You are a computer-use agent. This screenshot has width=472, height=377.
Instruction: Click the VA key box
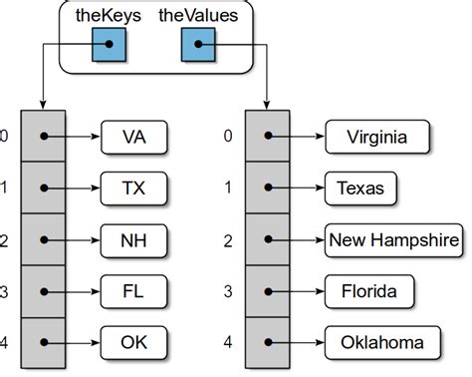click(x=134, y=135)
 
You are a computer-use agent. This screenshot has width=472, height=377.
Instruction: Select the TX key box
click(x=134, y=187)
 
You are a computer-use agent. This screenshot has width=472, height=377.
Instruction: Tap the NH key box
click(x=134, y=238)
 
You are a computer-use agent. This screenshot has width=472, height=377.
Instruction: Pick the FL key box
click(x=134, y=290)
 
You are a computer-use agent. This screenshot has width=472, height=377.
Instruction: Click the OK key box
click(x=134, y=342)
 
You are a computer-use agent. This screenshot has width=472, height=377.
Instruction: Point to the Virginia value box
click(x=375, y=135)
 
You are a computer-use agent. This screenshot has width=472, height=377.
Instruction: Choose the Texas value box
click(x=360, y=187)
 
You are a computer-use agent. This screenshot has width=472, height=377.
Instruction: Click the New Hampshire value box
click(x=393, y=238)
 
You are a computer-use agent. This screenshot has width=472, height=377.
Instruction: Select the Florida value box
click(x=369, y=290)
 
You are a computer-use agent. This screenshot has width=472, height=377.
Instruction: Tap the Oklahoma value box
click(x=382, y=342)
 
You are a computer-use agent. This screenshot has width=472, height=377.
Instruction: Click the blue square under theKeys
click(x=110, y=44)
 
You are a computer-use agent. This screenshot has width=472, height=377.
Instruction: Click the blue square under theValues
click(x=197, y=44)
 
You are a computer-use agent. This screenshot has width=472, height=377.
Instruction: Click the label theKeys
click(x=107, y=15)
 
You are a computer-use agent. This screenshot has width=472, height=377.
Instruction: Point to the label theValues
click(x=198, y=15)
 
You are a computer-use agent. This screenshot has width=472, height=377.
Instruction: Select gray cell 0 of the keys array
click(x=43, y=135)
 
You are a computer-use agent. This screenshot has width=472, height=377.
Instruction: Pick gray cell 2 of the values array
click(x=266, y=238)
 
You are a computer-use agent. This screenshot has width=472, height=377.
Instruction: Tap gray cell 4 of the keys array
click(x=43, y=342)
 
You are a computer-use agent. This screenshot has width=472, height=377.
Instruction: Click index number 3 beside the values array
click(x=228, y=290)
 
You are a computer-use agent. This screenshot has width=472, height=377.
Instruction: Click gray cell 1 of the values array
click(x=266, y=187)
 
